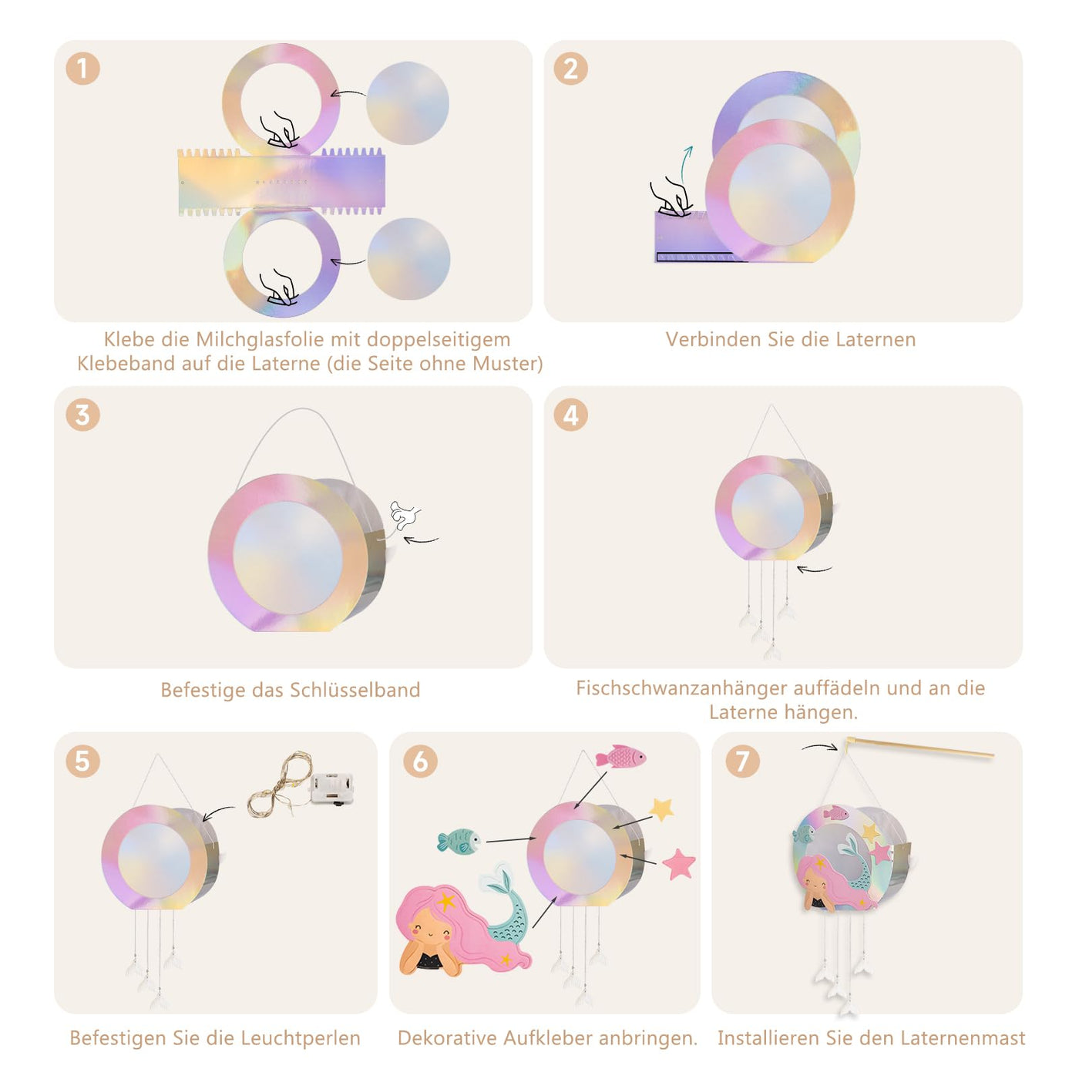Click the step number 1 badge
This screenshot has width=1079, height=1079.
(x=83, y=69)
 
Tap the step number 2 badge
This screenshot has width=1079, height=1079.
(x=570, y=69)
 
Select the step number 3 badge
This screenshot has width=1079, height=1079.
(x=83, y=415)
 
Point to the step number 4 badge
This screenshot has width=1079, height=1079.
(x=570, y=415)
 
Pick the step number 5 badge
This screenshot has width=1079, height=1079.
(x=83, y=761)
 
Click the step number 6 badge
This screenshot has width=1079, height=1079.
(x=420, y=761)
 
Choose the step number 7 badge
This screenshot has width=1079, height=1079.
(x=742, y=761)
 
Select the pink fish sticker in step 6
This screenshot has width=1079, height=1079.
(x=620, y=757)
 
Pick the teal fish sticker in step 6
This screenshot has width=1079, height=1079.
(x=459, y=841)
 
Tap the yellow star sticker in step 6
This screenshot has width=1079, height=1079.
(x=661, y=809)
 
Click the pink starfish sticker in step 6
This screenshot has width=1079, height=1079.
(x=679, y=863)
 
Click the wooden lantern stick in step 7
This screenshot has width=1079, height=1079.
(x=920, y=748)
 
